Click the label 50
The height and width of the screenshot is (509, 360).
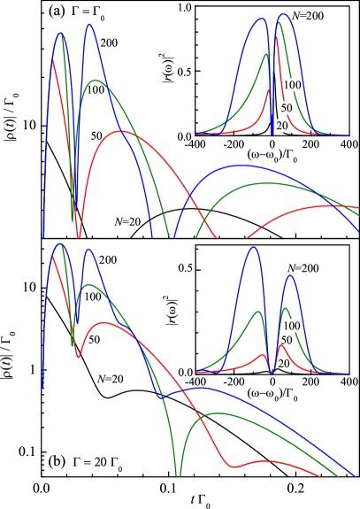(x=287, y=108)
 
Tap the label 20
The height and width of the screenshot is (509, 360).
(x=282, y=127)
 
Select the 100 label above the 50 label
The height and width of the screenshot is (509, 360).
(x=292, y=85)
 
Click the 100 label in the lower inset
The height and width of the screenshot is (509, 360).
(x=291, y=326)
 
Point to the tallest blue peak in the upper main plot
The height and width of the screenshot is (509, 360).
(x=89, y=25)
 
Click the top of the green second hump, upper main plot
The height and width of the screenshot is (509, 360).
(x=96, y=81)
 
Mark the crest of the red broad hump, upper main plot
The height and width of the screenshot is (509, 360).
(x=120, y=131)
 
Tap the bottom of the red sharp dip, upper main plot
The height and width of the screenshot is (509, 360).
(x=79, y=236)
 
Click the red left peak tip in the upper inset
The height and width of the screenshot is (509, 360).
(x=268, y=90)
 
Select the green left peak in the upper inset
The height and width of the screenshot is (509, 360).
(x=265, y=55)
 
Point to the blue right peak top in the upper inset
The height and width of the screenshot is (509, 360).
(x=283, y=15)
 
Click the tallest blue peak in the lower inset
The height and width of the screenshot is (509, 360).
(x=253, y=247)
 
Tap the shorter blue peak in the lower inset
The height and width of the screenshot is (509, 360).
(x=289, y=275)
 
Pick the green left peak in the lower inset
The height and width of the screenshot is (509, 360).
(x=258, y=312)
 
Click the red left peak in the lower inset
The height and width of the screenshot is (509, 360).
(x=263, y=355)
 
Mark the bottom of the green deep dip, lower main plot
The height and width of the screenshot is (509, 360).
(x=178, y=475)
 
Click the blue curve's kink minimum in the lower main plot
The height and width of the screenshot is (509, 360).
(x=160, y=397)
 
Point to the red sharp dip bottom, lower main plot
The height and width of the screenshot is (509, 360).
(x=79, y=357)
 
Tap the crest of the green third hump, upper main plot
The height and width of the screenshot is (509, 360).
(x=265, y=183)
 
